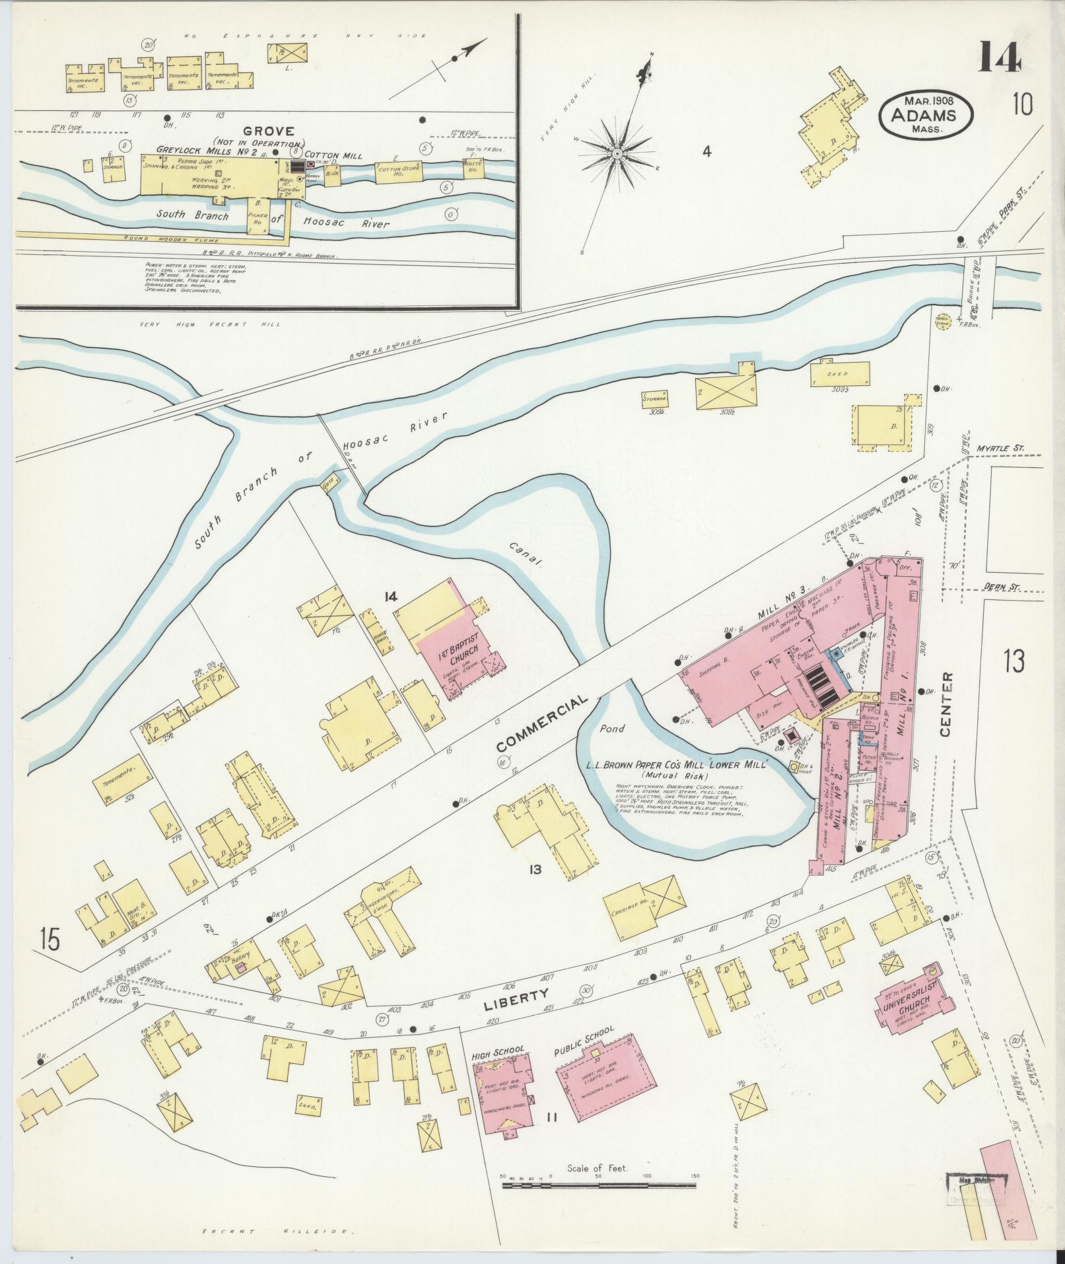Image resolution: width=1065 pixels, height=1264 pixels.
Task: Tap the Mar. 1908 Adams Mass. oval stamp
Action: [x=926, y=114]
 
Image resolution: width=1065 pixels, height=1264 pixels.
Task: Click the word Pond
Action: [x=611, y=729]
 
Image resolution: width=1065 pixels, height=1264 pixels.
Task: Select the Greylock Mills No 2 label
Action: [x=197, y=151]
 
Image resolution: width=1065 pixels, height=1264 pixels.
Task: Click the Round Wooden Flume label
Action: [x=158, y=239]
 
